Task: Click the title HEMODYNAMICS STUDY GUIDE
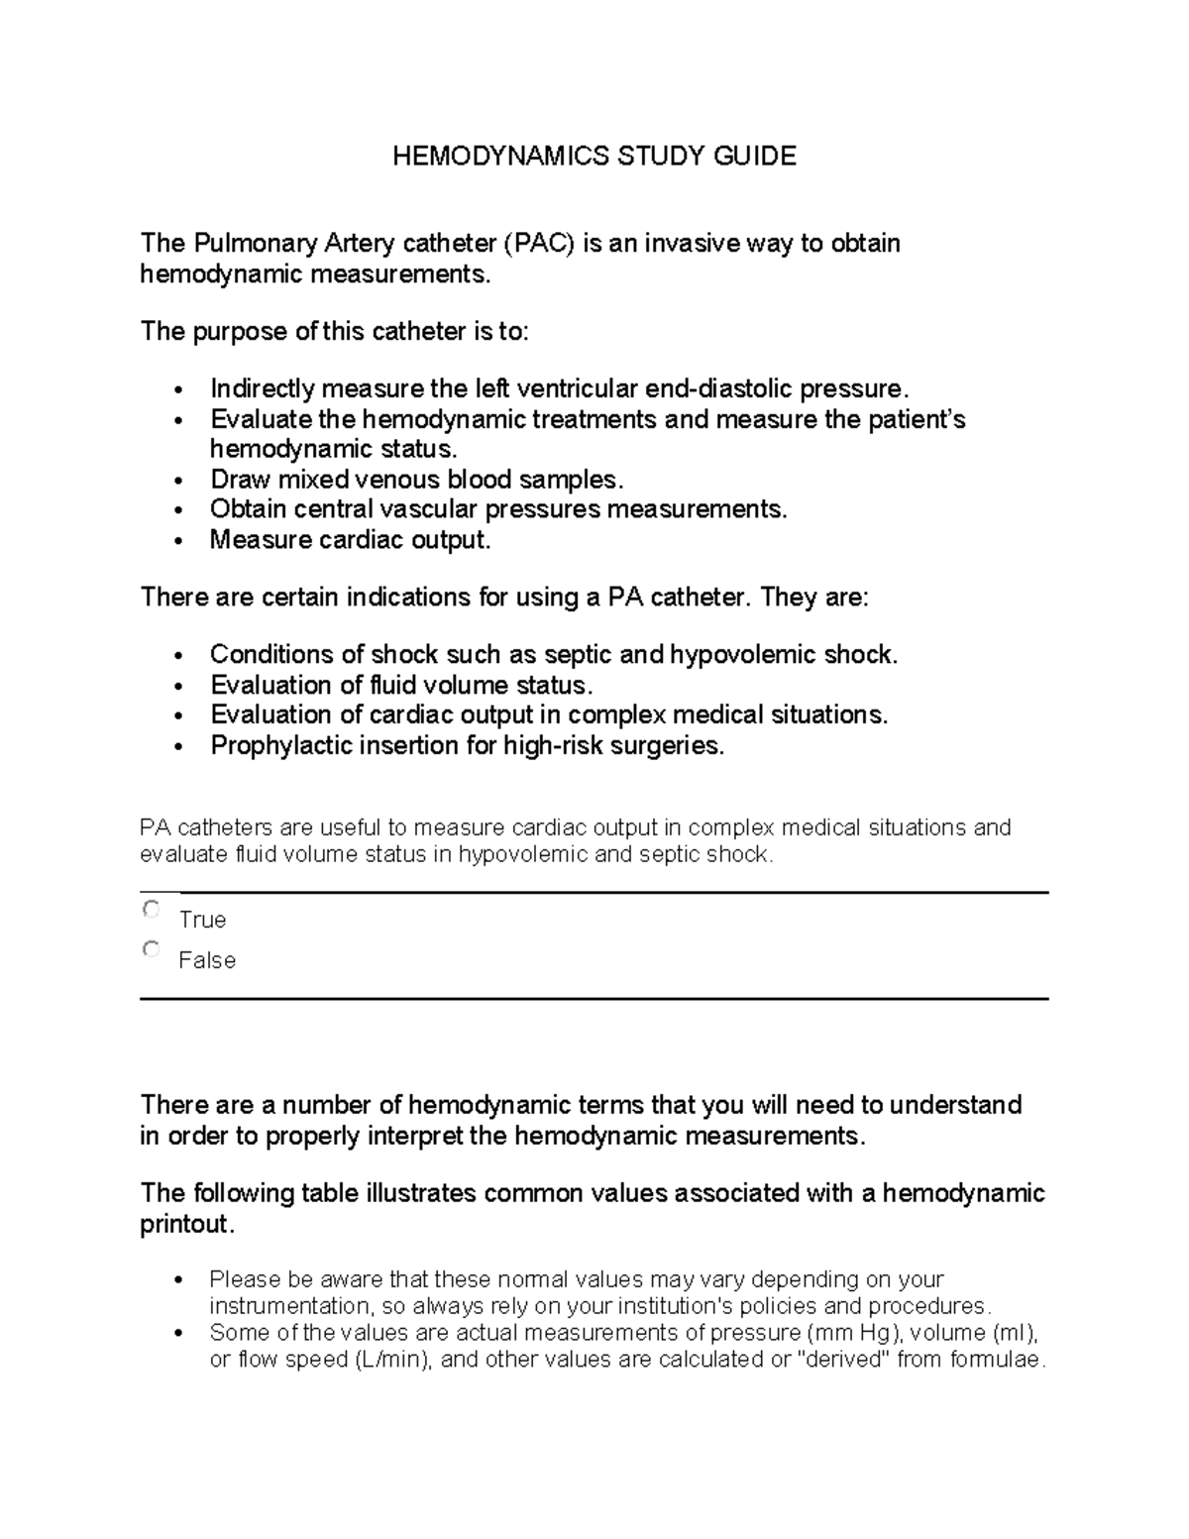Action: pyautogui.click(x=594, y=156)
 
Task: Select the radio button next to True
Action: pyautogui.click(x=151, y=909)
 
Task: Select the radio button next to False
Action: pyautogui.click(x=151, y=949)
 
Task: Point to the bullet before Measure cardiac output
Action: pyautogui.click(x=177, y=542)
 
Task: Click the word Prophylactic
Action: pyautogui.click(x=274, y=745)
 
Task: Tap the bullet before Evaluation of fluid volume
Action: pyautogui.click(x=177, y=687)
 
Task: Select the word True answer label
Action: pyautogui.click(x=202, y=920)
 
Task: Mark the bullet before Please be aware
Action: pyautogui.click(x=177, y=1280)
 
